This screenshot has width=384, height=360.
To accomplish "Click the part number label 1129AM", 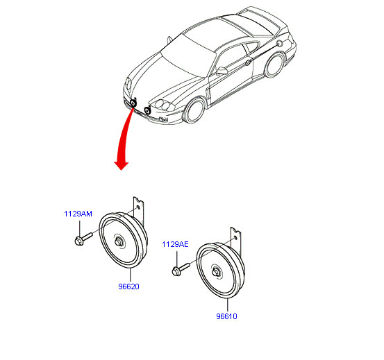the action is pos(78,214).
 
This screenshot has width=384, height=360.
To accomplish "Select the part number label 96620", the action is pos(128,286).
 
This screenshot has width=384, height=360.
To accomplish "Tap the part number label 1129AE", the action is pos(176,244).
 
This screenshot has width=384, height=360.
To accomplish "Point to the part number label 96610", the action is pos(226,316).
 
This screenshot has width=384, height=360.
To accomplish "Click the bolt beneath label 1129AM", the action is pos(83,239).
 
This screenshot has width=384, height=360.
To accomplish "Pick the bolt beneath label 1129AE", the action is pos(181,270).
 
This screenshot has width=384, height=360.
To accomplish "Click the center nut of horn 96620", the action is pos(119,242).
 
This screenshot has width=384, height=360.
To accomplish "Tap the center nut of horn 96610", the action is pos(216,272).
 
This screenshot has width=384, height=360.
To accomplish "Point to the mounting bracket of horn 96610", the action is pos(235,241).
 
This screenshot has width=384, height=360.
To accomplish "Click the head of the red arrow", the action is pos(122,165).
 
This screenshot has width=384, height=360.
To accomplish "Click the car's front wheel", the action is pos(194,111).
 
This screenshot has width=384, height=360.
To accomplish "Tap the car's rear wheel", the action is pos(274,65).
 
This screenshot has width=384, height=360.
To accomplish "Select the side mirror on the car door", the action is pos(222,71).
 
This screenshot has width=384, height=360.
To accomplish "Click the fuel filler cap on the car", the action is pos(279,44).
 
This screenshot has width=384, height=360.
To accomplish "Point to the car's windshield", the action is pos(187,55).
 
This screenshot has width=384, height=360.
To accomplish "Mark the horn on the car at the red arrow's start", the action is pos(133,103).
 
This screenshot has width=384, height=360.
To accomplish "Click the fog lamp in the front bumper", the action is pos(162,119).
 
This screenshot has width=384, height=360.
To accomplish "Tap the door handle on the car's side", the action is pos(248,62).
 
